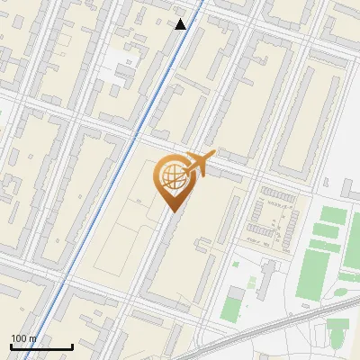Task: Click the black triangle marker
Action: pyautogui.click(x=181, y=23)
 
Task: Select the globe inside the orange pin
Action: pyautogui.click(x=171, y=176)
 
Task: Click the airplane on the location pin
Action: pyautogui.click(x=199, y=163)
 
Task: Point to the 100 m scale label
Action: pyautogui.click(x=23, y=338)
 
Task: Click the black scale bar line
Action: pyautogui.click(x=41, y=346)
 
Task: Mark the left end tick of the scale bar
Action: pyautogui.click(x=11, y=345)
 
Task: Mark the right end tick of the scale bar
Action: pyautogui.click(x=72, y=345)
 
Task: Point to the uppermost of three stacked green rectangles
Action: pyautogui.click(x=332, y=215)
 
